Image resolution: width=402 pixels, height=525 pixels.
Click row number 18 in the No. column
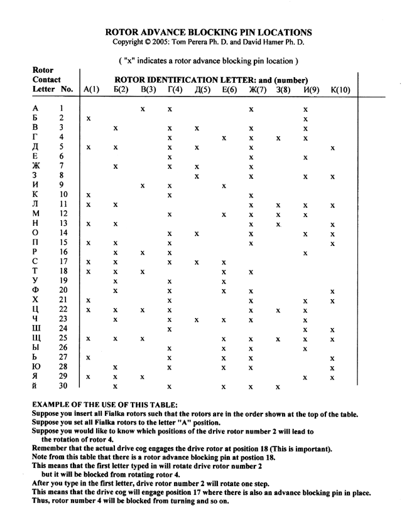[x=63, y=272]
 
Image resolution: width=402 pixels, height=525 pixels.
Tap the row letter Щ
[x=37, y=340]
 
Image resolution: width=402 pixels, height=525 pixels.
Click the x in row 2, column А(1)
[x=90, y=119]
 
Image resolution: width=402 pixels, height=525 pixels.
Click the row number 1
[x=63, y=109]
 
